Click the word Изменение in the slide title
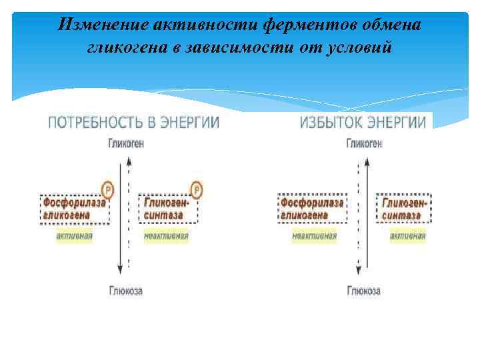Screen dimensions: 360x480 (101, 25)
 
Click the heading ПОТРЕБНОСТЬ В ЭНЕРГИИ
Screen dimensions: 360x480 (133, 123)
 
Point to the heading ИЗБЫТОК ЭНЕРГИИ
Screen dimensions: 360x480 (363, 123)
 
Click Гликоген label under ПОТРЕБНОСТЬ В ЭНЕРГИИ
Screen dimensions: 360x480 (125, 143)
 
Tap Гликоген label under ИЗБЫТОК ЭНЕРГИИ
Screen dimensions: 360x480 (364, 143)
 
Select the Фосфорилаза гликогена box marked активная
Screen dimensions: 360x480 (75, 208)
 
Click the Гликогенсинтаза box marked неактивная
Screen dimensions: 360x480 (170, 208)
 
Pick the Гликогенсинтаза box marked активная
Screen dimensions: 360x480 (404, 208)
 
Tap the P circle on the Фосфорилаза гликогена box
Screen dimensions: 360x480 (107, 190)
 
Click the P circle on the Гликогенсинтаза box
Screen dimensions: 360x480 (196, 190)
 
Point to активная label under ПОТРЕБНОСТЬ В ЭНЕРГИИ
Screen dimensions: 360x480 (74, 236)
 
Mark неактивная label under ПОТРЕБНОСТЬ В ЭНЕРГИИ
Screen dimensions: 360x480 (166, 236)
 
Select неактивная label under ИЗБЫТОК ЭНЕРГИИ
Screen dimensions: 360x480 (314, 236)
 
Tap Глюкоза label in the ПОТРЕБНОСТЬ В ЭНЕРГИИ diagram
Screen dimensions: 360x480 (125, 291)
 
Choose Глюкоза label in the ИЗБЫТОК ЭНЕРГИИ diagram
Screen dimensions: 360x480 (364, 291)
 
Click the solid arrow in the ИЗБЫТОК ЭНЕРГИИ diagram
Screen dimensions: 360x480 (365, 213)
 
